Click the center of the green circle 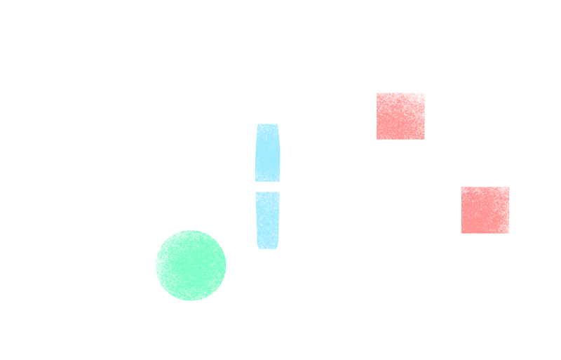(190, 264)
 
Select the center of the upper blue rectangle (267, 153)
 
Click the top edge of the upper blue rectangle (267, 124)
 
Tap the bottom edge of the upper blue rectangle (267, 182)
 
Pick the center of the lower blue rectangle (267, 220)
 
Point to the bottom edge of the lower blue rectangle (267, 249)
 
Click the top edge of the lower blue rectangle (267, 192)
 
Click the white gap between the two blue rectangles (267, 187)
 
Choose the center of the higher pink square (400, 116)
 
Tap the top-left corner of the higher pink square (377, 93)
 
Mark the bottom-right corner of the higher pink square (425, 140)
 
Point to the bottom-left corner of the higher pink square (377, 140)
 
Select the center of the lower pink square (485, 210)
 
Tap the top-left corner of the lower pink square (461, 187)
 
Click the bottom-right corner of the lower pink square (509, 234)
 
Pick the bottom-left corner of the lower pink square (461, 234)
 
